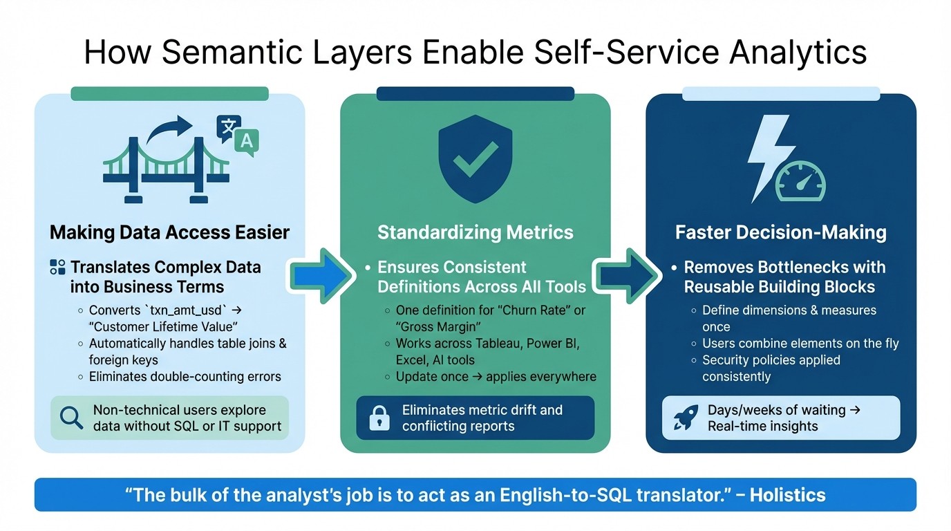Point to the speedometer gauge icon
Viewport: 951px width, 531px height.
800,180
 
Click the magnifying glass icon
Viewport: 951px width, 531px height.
70,418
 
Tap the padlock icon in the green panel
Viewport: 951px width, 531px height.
379,418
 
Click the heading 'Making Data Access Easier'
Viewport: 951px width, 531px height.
169,232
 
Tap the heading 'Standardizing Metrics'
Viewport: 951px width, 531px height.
475,232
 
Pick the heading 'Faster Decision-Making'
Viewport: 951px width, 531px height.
781,232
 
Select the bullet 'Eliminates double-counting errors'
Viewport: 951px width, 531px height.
185,377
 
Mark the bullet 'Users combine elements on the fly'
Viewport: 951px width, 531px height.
800,344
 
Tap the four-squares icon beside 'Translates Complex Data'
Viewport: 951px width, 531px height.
58,268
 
